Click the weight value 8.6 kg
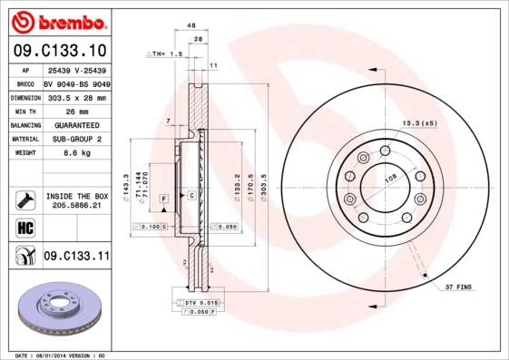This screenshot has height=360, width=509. [77, 154]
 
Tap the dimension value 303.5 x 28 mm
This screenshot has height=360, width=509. [77, 97]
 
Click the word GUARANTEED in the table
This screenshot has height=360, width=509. [77, 125]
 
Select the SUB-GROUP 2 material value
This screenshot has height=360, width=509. [77, 140]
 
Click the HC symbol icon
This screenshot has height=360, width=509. [24, 227]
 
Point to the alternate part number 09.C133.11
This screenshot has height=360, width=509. [76, 257]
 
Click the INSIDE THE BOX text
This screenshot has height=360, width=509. [77, 195]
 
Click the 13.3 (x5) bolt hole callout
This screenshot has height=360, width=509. [419, 122]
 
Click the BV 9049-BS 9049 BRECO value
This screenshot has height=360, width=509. [77, 83]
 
